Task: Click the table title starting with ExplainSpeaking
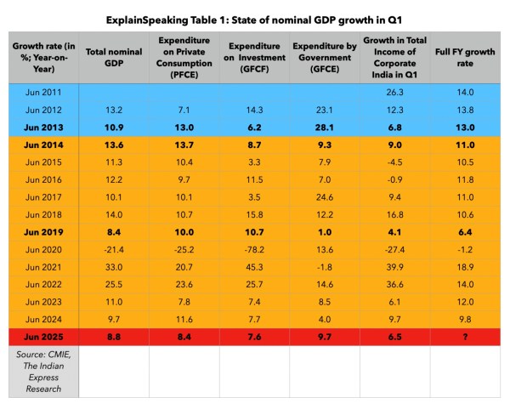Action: pos(255,18)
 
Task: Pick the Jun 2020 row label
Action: pos(43,249)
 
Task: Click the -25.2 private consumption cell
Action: pos(184,249)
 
